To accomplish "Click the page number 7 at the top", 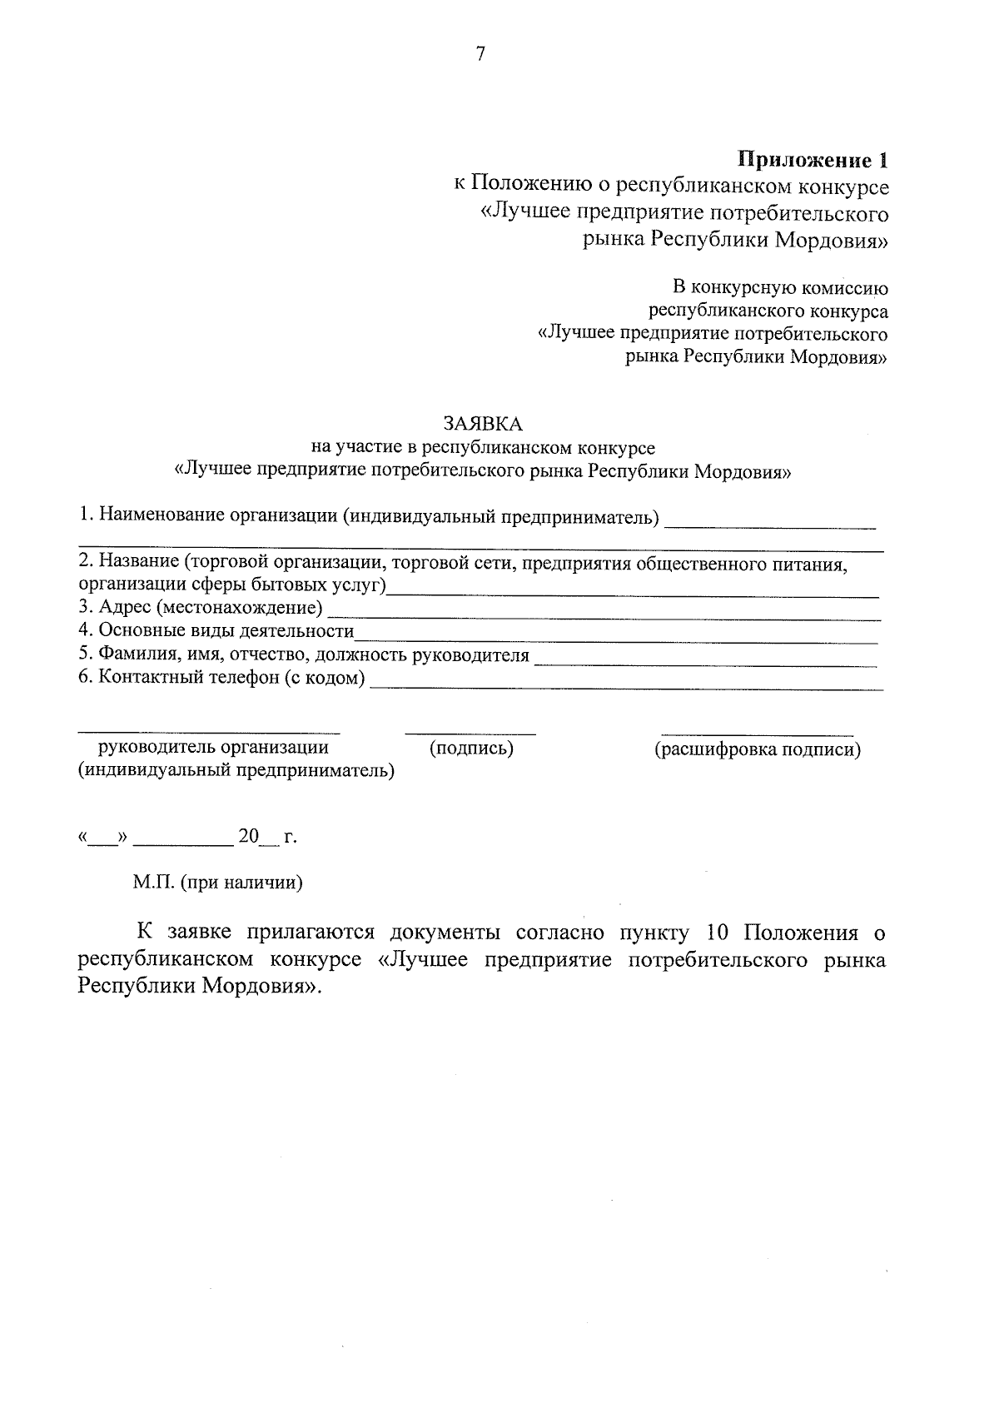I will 480,54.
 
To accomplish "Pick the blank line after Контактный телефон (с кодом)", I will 626,688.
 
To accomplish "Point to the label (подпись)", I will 471,748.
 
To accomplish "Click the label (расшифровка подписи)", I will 757,749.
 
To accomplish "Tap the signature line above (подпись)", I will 470,734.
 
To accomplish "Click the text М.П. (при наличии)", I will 218,882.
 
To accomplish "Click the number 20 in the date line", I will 249,836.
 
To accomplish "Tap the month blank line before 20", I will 183,843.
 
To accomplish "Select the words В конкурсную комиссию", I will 780,288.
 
